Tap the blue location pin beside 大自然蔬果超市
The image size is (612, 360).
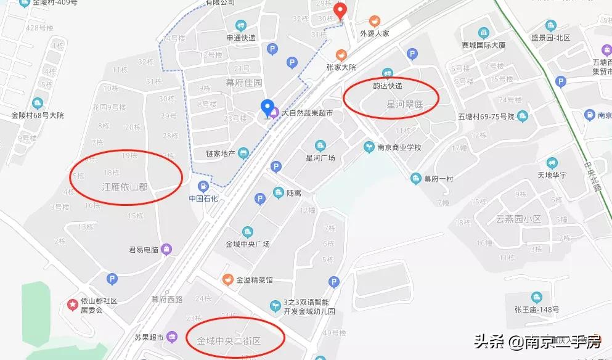[x=267, y=108]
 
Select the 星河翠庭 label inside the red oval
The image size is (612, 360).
[x=404, y=105]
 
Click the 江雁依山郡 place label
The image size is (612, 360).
[x=124, y=186]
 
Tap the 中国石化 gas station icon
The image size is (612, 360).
[x=202, y=186]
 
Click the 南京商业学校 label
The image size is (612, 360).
[x=399, y=147]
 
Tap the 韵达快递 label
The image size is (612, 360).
[x=388, y=86]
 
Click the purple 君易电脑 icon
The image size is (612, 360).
[x=166, y=249]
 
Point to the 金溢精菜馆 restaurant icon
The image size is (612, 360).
[x=227, y=280]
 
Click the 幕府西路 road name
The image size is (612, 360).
[x=167, y=300]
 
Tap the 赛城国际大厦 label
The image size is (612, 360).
[x=484, y=45]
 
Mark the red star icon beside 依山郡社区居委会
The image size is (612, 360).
[x=72, y=305]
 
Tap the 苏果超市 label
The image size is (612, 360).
[x=149, y=337]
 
